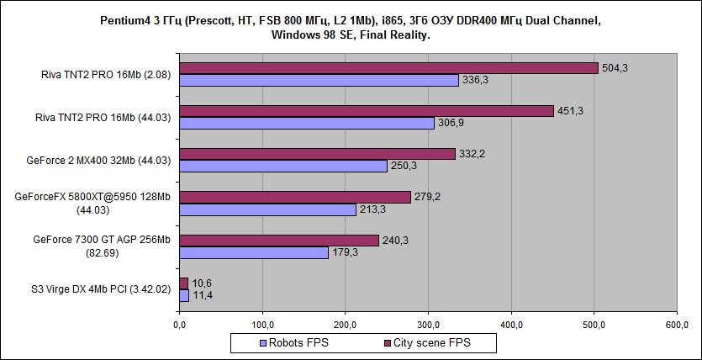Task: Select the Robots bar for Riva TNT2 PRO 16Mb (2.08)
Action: coord(319,80)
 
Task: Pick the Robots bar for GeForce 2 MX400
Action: coord(283,166)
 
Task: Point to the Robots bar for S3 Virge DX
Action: coord(184,295)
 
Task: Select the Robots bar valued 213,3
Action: coord(267,209)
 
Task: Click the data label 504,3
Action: coord(615,68)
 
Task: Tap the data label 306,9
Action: coord(451,123)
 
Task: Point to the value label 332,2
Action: coord(472,154)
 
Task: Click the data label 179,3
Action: coord(345,251)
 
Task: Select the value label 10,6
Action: coord(203,283)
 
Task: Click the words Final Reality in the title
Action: coord(396,36)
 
